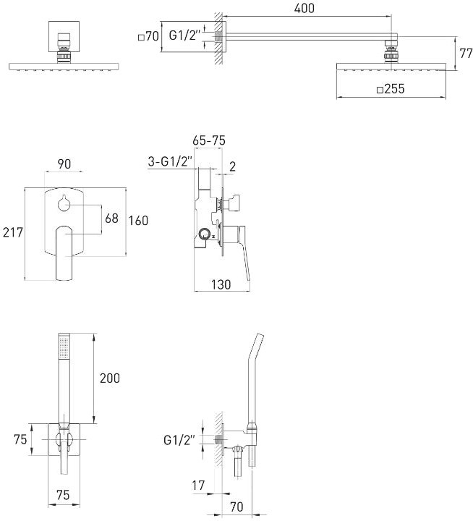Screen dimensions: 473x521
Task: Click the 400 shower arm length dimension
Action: pyautogui.click(x=304, y=8)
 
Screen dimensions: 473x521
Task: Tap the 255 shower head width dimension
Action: pyautogui.click(x=391, y=89)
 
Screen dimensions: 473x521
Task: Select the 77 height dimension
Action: pyautogui.click(x=466, y=53)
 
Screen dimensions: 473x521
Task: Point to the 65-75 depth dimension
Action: pyautogui.click(x=209, y=140)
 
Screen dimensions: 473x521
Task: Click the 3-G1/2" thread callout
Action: pyautogui.click(x=171, y=162)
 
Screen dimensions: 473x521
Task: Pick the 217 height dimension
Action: pyautogui.click(x=13, y=232)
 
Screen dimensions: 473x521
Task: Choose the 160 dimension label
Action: pyautogui.click(x=138, y=220)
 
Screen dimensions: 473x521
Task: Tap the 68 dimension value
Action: pyautogui.click(x=111, y=219)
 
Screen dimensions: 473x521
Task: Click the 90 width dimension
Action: pyautogui.click(x=64, y=164)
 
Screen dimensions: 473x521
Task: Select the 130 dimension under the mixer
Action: pyautogui.click(x=221, y=284)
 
